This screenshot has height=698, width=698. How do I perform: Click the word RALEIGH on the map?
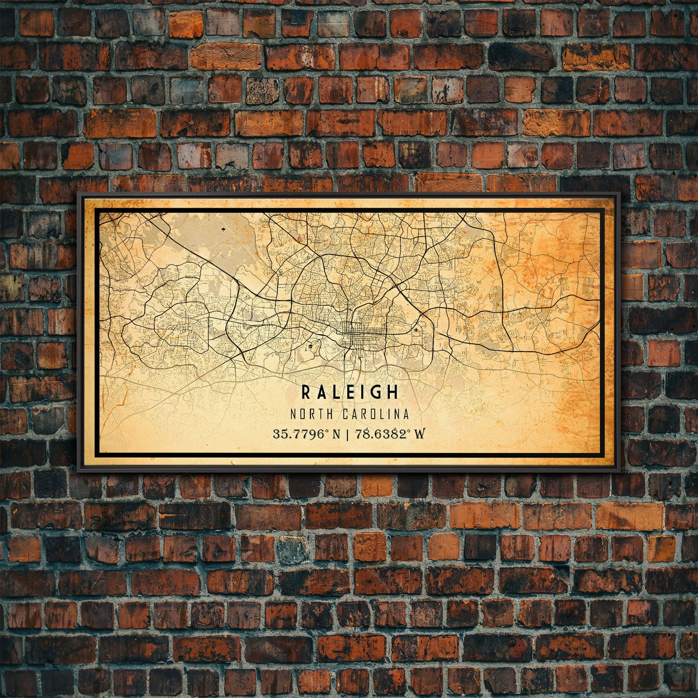pos(350,392)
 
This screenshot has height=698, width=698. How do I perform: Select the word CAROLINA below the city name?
pos(376,414)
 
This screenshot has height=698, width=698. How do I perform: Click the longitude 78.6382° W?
pos(392,434)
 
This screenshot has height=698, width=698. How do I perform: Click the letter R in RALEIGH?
pos(306,392)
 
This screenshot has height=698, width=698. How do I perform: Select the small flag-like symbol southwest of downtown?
pos(311,347)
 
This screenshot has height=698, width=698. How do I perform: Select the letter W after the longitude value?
pos(420,434)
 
